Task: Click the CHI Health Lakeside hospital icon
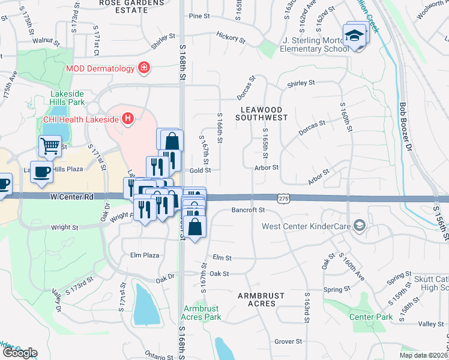(127, 118)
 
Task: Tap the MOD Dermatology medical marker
(144, 68)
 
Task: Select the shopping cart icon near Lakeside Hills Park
(50, 145)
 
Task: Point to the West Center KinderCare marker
(360, 226)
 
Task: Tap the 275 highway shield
(284, 197)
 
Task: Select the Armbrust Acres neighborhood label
(264, 299)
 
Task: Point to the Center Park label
(371, 316)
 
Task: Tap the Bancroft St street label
(248, 210)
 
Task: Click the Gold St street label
(200, 170)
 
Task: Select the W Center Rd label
(72, 196)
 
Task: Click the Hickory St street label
(231, 38)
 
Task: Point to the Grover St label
(288, 341)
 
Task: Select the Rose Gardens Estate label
(132, 6)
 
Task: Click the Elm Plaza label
(144, 255)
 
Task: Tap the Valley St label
(431, 324)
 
